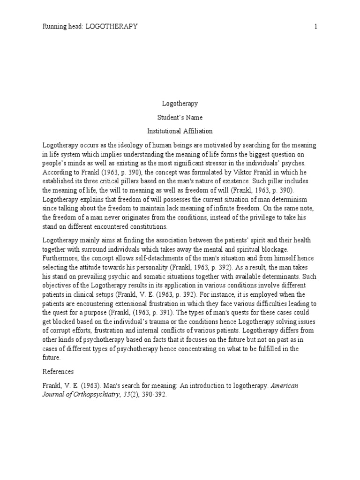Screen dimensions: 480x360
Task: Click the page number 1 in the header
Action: (x=316, y=27)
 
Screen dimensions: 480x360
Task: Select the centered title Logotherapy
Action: (x=180, y=104)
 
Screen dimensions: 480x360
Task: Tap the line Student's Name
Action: (x=180, y=117)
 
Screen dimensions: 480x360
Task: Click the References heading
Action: (x=58, y=372)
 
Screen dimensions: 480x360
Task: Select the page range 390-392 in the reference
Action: (x=152, y=394)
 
